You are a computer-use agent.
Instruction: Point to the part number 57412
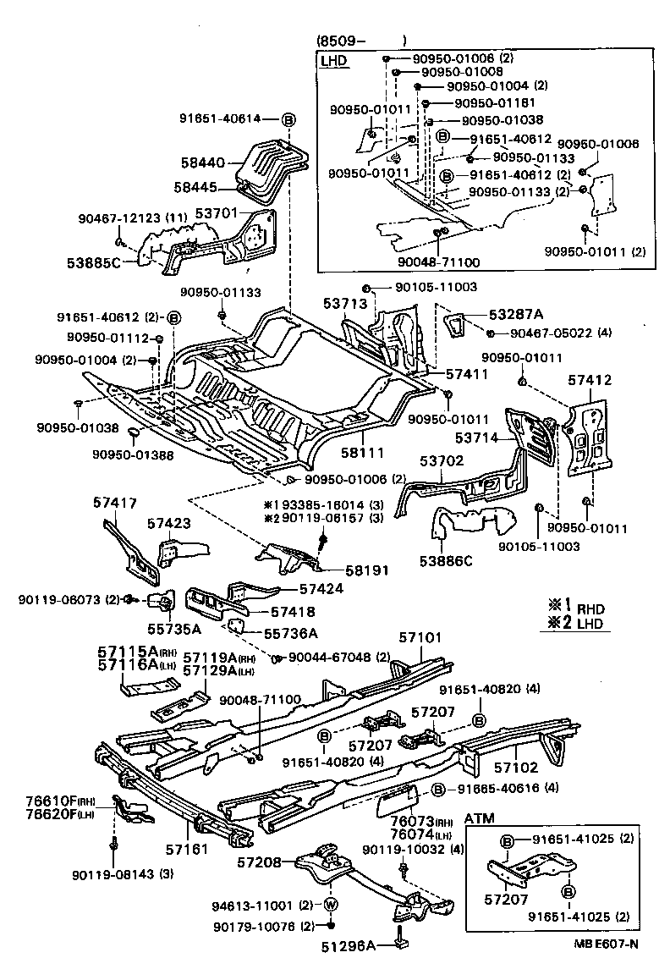coord(589,382)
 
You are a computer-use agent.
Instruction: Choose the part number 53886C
coord(445,559)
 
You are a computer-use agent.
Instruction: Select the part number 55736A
coord(290,632)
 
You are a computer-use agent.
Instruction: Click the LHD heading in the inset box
coord(335,62)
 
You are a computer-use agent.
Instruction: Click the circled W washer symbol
coord(331,905)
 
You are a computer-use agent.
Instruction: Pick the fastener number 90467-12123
coord(118,218)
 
